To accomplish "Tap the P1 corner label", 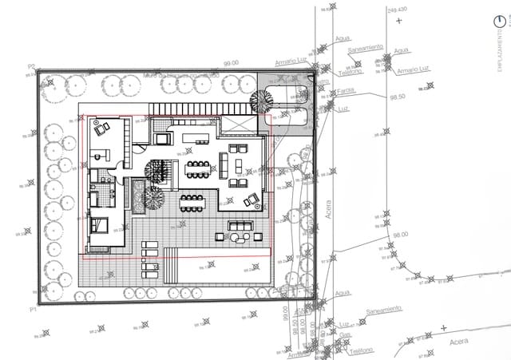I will click(x=33, y=307).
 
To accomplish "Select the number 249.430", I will click(x=396, y=10).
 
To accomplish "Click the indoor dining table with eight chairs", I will click(x=196, y=168).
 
